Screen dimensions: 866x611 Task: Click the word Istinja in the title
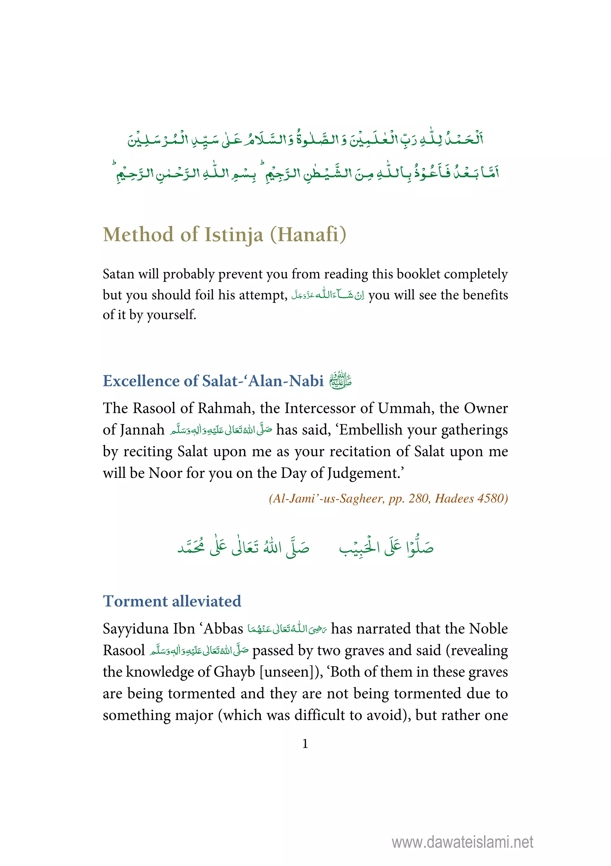[234, 235]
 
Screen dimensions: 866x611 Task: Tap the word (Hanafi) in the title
[308, 235]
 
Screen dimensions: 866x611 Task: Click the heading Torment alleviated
[172, 601]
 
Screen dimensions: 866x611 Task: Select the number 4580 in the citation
[492, 499]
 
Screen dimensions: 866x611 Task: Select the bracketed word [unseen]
[289, 672]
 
